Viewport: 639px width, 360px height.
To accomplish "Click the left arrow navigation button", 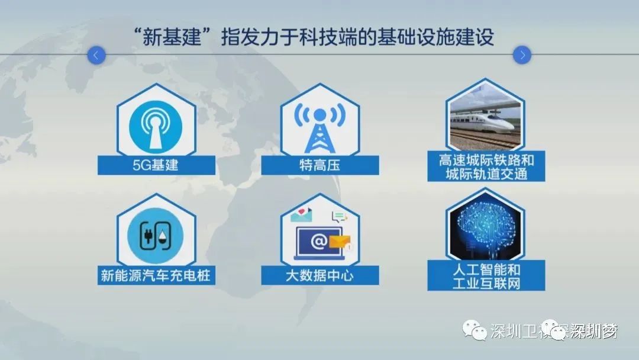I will tap(96, 55).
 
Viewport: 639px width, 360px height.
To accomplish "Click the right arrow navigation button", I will tap(522, 55).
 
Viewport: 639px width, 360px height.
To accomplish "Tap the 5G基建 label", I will tap(156, 165).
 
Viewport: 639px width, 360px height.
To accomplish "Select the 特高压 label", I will tap(320, 165).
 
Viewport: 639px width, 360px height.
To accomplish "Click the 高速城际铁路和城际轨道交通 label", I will tap(486, 167).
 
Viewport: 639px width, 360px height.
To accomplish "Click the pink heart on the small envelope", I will tap(302, 211).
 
